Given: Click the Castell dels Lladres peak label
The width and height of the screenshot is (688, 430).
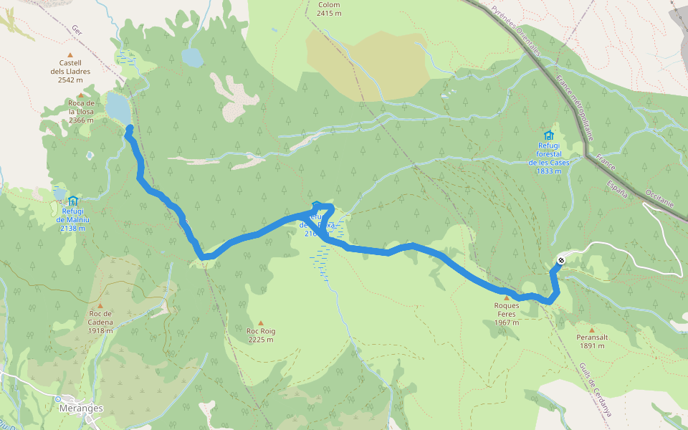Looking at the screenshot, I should point(70,71).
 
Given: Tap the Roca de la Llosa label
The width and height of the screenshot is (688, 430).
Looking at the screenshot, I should point(81,111).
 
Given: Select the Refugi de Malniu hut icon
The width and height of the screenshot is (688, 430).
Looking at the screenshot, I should point(73,201).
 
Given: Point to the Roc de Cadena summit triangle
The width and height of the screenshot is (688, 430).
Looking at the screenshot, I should point(100,305).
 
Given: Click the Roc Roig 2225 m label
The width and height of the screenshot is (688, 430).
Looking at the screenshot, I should point(261,335).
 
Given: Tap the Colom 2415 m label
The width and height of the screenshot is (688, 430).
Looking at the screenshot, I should point(329,9).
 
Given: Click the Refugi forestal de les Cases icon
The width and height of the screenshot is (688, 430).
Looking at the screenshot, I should point(549,135).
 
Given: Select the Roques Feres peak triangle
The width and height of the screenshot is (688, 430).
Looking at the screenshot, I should point(506,297).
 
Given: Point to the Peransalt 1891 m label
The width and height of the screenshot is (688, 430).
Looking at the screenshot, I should point(591,341).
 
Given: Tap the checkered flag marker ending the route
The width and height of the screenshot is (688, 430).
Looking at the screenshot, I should point(560,260).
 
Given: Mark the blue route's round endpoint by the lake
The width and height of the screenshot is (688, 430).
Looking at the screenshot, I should point(130,129).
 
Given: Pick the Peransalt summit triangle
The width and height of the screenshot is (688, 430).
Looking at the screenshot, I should point(591,330).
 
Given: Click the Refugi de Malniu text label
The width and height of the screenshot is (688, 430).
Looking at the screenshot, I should point(73,220).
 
